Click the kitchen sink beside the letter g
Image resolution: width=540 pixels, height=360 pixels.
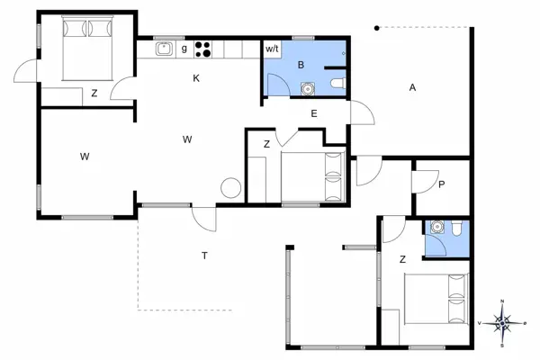(x=163, y=49)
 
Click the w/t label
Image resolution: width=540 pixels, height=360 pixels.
(x=272, y=49)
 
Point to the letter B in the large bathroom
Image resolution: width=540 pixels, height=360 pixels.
(x=301, y=65)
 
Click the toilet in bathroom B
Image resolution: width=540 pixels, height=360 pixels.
(x=337, y=84)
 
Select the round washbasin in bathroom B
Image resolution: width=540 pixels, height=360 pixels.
(x=308, y=88)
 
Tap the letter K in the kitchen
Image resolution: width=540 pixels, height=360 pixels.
(x=195, y=78)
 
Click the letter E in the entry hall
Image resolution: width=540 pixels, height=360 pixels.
(x=313, y=113)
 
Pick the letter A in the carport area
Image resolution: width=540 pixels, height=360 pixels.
(x=412, y=87)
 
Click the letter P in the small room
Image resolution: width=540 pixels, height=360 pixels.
(x=442, y=184)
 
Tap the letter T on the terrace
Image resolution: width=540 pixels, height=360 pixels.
(x=204, y=256)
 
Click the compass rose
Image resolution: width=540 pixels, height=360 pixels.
(x=504, y=320)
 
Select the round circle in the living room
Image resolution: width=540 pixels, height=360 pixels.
(x=231, y=189)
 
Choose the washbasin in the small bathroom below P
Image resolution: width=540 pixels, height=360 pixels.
(x=438, y=227)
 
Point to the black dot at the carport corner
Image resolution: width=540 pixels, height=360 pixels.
(x=377, y=28)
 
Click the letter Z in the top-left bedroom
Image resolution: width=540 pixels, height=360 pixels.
(x=94, y=93)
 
